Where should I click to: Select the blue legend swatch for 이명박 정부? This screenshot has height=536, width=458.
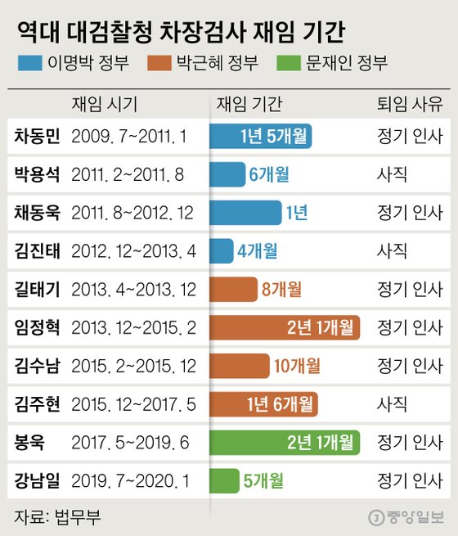tap(34, 62)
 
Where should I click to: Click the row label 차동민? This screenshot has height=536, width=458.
tap(38, 136)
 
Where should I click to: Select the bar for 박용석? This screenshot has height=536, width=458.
tap(227, 174)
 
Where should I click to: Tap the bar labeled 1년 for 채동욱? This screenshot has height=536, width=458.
tap(245, 213)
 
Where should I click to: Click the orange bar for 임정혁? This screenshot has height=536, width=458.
tap(284, 327)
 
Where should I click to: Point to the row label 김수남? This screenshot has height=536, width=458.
tap(38, 365)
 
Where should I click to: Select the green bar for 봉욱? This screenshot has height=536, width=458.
tap(284, 442)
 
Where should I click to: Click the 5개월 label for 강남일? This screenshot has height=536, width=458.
tap(263, 480)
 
